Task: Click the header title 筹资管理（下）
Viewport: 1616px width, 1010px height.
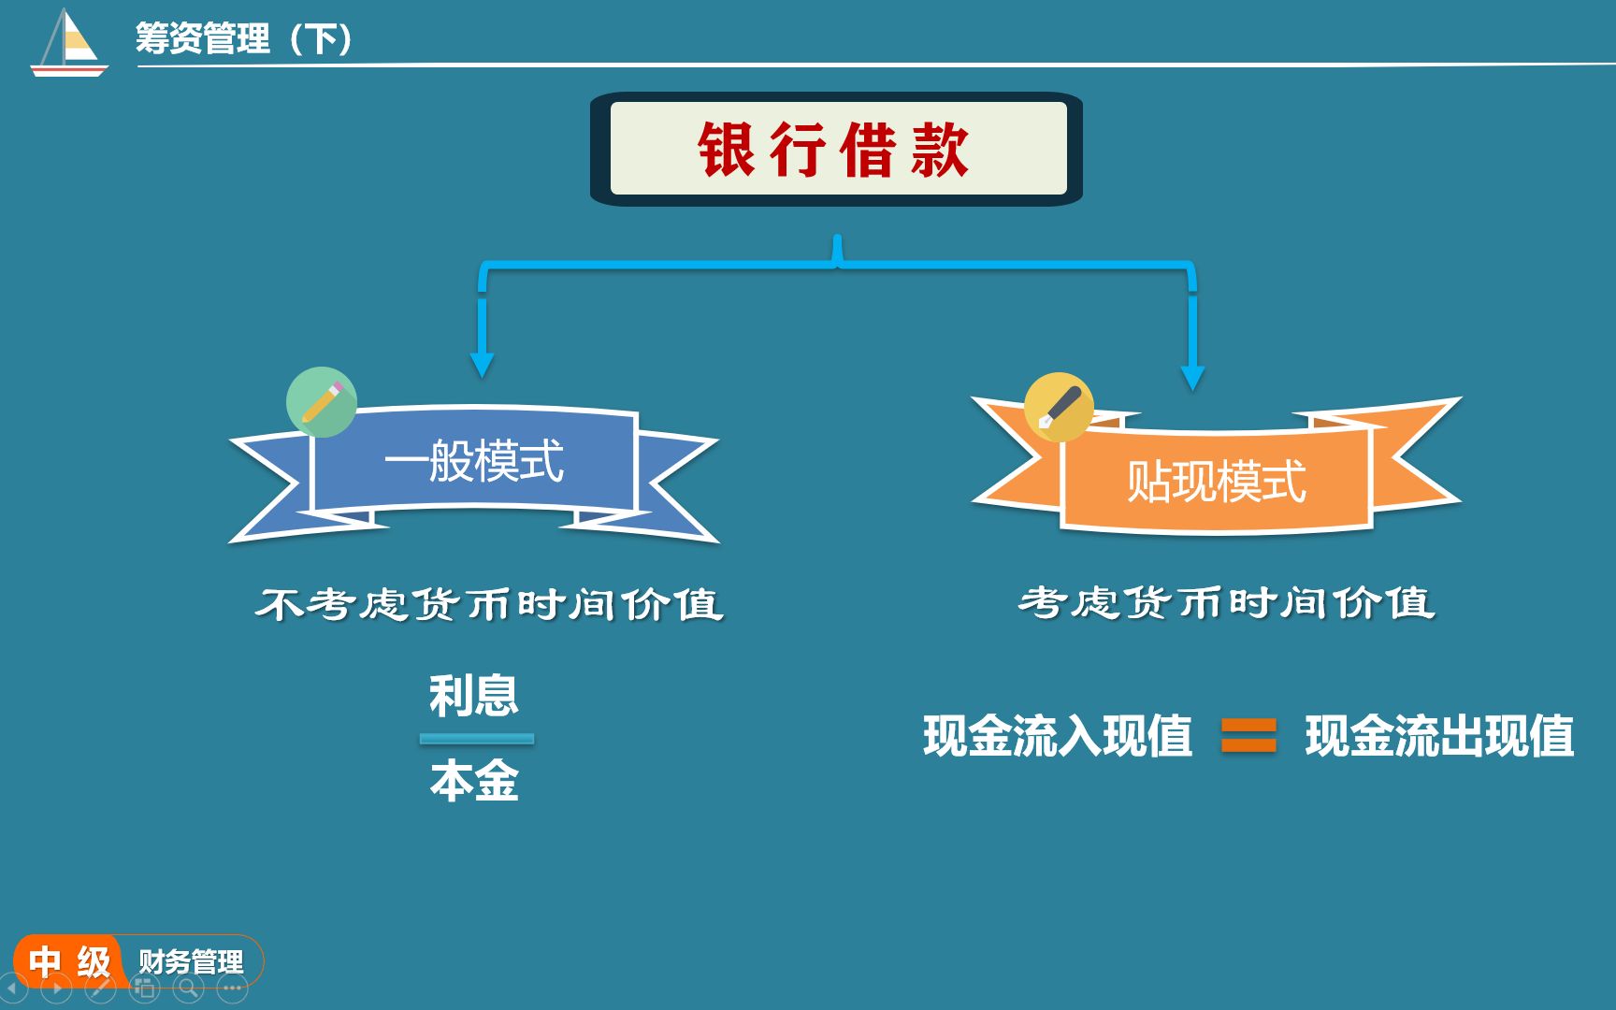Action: tap(244, 38)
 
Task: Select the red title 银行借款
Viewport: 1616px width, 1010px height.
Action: tap(833, 150)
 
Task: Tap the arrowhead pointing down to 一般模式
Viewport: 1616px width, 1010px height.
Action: tap(482, 365)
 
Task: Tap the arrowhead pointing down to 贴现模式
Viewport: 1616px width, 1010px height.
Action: tap(1192, 377)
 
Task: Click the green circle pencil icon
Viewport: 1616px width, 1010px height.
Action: tap(322, 402)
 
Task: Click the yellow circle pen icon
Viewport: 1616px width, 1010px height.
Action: tap(1059, 408)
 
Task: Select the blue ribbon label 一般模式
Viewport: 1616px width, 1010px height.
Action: tap(474, 461)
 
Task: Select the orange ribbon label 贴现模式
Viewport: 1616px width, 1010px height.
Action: tap(1216, 482)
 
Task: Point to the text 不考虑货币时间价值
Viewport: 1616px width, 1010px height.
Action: tap(490, 604)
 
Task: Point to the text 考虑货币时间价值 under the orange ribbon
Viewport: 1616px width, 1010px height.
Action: tap(1226, 602)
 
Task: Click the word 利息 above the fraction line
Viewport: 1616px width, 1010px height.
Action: tap(473, 695)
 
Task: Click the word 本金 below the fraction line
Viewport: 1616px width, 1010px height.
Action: tap(474, 781)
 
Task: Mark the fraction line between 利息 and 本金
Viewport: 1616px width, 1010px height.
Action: tap(477, 739)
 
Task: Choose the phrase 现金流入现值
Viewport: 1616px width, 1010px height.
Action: tap(1058, 735)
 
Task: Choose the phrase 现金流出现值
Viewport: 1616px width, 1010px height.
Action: tap(1440, 735)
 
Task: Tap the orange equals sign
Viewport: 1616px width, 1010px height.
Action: tap(1248, 735)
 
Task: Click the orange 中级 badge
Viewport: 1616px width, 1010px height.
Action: tap(69, 961)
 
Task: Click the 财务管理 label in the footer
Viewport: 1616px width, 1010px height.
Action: tap(191, 961)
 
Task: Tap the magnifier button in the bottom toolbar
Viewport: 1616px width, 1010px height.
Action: tap(187, 988)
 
